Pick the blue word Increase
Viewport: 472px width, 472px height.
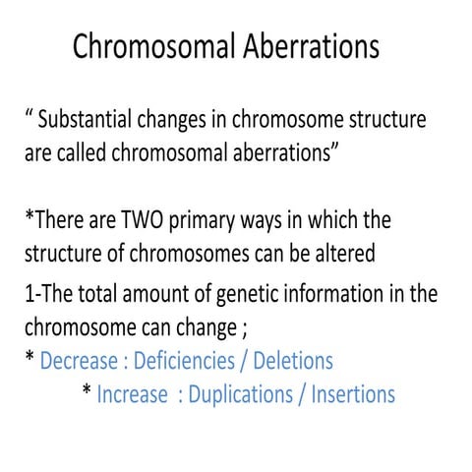[x=133, y=394]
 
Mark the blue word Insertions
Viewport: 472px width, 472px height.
[x=353, y=394]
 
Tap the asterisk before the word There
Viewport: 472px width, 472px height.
[x=29, y=216]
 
